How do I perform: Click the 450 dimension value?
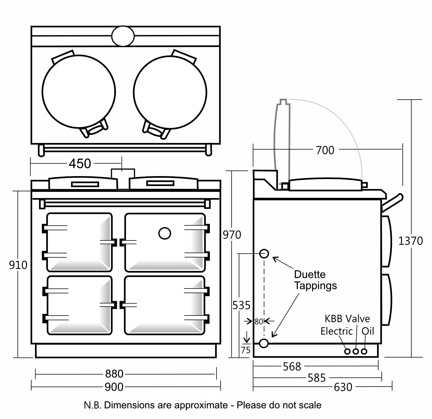[80, 164]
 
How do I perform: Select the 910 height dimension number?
[18, 265]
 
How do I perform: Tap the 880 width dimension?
[114, 374]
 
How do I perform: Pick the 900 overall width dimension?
[114, 387]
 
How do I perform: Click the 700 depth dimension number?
[325, 150]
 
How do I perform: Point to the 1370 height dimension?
[410, 241]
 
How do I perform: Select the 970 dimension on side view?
[232, 235]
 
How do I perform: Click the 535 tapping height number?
[241, 305]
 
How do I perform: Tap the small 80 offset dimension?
[259, 322]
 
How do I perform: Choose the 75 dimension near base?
[246, 350]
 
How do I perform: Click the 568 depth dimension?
[292, 367]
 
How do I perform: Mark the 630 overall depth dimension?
[343, 387]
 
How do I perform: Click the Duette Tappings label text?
[315, 280]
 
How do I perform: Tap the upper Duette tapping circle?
[264, 254]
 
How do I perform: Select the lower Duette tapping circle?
[264, 343]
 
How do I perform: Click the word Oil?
[367, 331]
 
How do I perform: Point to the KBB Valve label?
[347, 319]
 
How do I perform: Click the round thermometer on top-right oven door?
[165, 233]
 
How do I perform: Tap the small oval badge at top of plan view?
[123, 36]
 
